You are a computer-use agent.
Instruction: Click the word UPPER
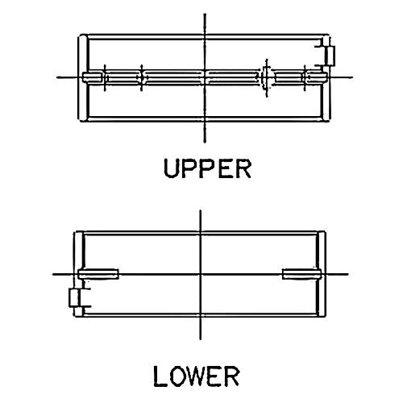[207, 168]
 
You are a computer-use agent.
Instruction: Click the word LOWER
[196, 376]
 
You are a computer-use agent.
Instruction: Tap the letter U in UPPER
[172, 168]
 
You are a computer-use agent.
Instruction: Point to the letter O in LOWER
[175, 376]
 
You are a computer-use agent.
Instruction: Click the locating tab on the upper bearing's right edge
[330, 56]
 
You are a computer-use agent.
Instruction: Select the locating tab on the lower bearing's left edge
[74, 297]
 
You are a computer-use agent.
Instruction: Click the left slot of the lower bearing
[98, 274]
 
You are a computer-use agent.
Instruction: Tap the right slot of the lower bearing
[301, 274]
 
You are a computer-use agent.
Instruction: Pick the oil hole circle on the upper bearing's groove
[265, 77]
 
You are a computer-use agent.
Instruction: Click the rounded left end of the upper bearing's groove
[91, 77]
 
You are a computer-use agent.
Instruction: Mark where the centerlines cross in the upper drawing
[205, 77]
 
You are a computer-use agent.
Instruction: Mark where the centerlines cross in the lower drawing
[201, 274]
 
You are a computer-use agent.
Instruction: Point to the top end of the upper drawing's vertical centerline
[205, 14]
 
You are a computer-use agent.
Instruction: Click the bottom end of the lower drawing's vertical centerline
[201, 339]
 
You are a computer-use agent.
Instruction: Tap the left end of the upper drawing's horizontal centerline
[57, 77]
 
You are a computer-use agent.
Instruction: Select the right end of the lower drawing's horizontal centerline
[348, 274]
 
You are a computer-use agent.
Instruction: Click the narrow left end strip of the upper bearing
[83, 78]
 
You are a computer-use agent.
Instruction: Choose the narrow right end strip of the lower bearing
[322, 274]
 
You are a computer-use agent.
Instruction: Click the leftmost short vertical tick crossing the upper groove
[105, 78]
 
